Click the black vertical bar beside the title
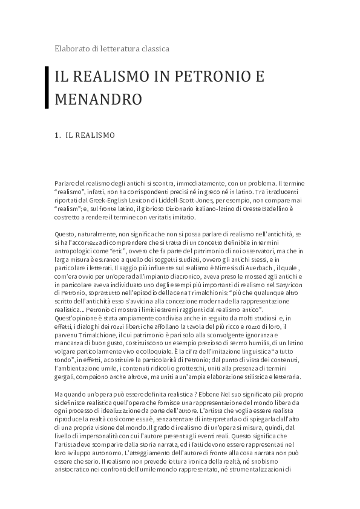coord(47,88)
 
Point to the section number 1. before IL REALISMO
coord(57,135)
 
